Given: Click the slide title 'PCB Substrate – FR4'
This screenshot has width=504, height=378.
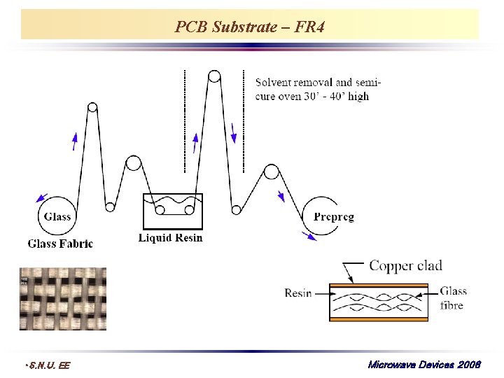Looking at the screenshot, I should (x=249, y=27).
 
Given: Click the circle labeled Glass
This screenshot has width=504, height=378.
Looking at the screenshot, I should (x=57, y=216).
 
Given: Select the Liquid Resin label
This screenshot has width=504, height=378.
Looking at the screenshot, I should (x=171, y=238).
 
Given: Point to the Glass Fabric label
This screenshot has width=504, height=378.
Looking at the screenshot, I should (x=60, y=244).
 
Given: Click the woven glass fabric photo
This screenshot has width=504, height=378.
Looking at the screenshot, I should (x=63, y=298).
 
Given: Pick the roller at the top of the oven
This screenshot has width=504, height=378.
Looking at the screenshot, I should (x=213, y=76).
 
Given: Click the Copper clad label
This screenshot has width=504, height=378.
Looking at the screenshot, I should (x=405, y=266).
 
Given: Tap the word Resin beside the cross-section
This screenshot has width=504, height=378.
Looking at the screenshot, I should (x=298, y=293).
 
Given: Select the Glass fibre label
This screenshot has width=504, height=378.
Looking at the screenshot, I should (x=454, y=297).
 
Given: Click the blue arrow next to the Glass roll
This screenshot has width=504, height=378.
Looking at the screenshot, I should (x=42, y=199).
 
